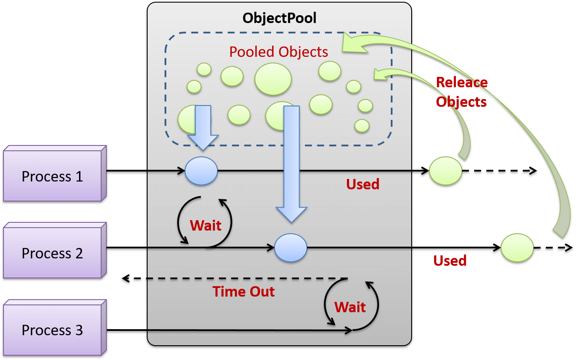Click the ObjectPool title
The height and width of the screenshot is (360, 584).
pyautogui.click(x=279, y=18)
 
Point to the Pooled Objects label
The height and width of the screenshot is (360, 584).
pyautogui.click(x=278, y=52)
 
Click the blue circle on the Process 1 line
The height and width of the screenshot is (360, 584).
pyautogui.click(x=201, y=171)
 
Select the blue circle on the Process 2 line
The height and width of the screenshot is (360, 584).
pyautogui.click(x=290, y=248)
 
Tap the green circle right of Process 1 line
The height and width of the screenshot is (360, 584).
pyautogui.click(x=445, y=171)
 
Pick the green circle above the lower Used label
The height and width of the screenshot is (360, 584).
pyautogui.click(x=517, y=248)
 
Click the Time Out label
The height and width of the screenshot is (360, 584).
pyautogui.click(x=243, y=291)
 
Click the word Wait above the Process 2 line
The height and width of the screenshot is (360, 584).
pyautogui.click(x=205, y=225)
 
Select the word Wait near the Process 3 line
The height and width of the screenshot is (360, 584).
pyautogui.click(x=350, y=307)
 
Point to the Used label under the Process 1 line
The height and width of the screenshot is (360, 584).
pyautogui.click(x=363, y=184)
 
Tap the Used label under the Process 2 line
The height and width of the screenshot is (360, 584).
pyautogui.click(x=450, y=261)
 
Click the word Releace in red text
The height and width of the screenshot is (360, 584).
pyautogui.click(x=462, y=82)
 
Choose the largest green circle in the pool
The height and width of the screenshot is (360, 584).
pyautogui.click(x=273, y=79)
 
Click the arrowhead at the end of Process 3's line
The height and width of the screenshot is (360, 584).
pyautogui.click(x=348, y=331)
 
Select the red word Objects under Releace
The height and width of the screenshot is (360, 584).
pyautogui.click(x=461, y=101)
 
